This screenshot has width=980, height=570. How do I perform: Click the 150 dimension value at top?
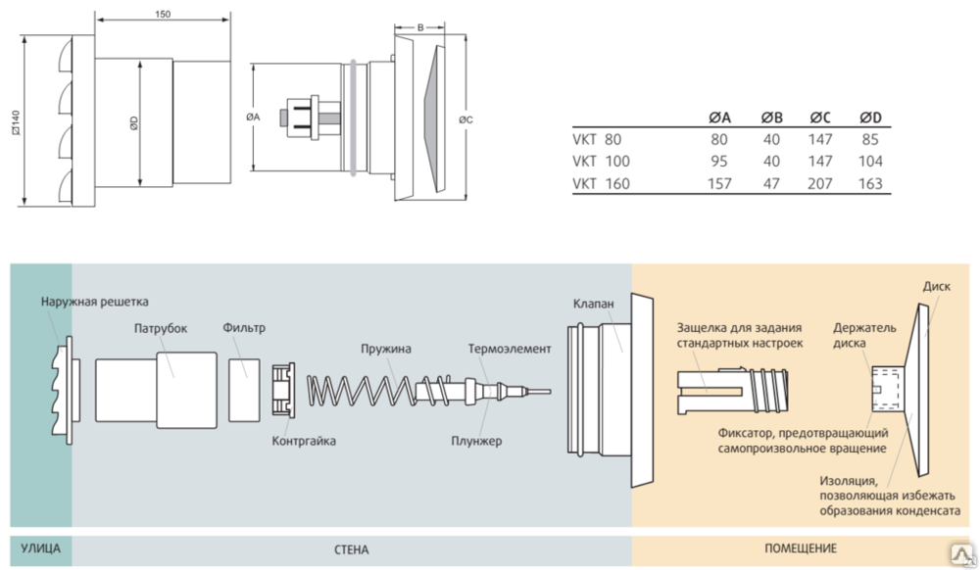point(163,15)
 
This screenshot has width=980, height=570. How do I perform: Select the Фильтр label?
point(244,328)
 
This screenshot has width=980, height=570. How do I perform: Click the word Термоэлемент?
point(510,349)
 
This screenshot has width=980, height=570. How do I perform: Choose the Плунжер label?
point(478,442)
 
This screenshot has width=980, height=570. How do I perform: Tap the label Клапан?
point(594,305)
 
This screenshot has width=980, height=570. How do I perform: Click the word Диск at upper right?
point(936,287)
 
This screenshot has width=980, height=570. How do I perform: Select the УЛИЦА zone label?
point(40,548)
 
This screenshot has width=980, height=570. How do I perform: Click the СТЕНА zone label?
point(350,549)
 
